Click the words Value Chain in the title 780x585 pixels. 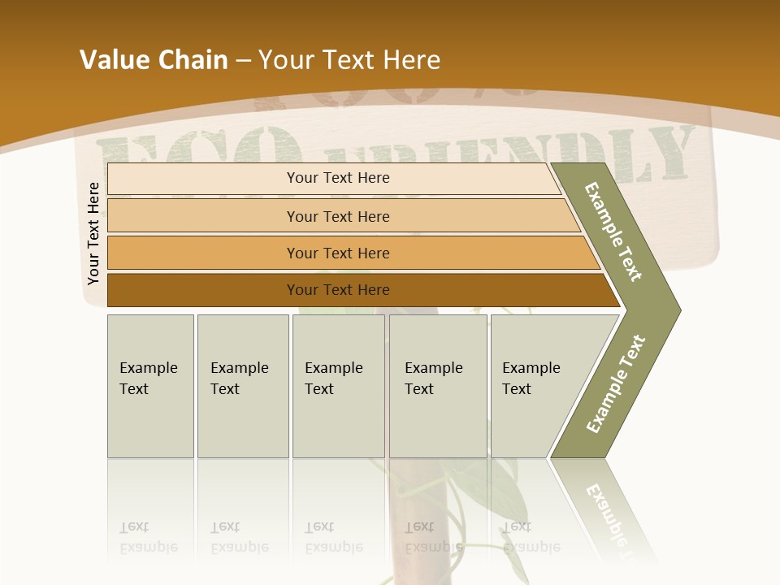154,60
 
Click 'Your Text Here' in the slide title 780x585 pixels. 349,60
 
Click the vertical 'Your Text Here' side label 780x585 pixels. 93,234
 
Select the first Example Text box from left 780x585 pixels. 150,386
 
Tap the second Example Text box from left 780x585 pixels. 242,386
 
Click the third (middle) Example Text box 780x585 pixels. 338,386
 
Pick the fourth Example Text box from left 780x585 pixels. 437,386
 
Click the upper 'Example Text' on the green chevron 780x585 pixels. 613,232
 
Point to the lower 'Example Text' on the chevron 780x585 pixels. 615,384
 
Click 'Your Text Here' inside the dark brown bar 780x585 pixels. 338,290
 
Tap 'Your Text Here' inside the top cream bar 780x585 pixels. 338,178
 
